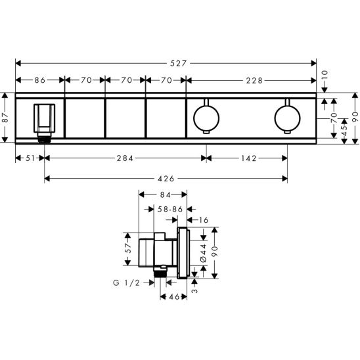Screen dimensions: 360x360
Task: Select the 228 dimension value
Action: pyautogui.click(x=255, y=81)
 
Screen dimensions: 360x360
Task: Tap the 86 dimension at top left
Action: pyautogui.click(x=39, y=81)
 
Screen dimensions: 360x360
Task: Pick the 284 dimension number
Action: pyautogui.click(x=125, y=158)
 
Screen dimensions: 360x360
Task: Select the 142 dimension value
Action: pyautogui.click(x=247, y=158)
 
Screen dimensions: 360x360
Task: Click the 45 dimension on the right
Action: pyautogui.click(x=343, y=132)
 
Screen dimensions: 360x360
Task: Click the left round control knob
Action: pyautogui.click(x=206, y=118)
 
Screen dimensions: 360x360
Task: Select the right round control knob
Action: pyautogui.click(x=286, y=118)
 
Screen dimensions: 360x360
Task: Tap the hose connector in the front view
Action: pyautogui.click(x=45, y=122)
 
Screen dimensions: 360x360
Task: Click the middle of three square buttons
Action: pyautogui.click(x=125, y=118)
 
